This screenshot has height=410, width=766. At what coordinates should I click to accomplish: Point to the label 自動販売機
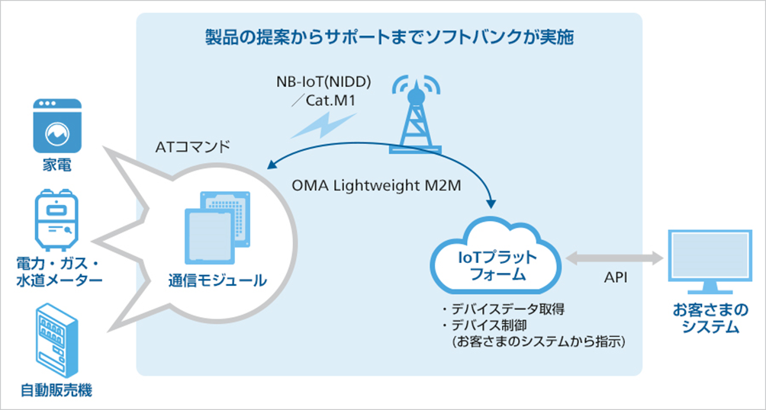point(56,392)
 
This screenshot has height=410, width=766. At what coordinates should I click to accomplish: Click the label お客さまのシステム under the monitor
point(706,319)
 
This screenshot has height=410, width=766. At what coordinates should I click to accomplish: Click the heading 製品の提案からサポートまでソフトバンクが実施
point(388,37)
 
